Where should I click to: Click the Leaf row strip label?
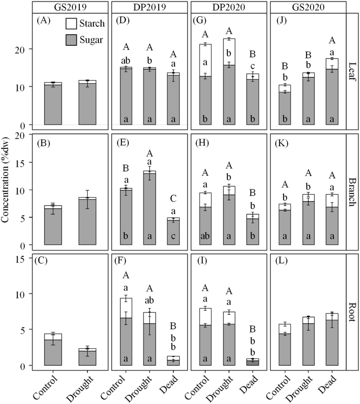[352, 71]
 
